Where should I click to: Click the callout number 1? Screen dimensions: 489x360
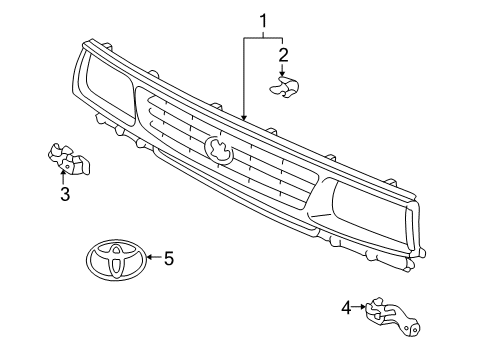[x=263, y=21]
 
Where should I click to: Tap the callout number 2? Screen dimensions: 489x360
[x=283, y=55]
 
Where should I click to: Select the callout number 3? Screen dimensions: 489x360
[x=65, y=194]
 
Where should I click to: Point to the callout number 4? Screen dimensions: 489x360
[x=346, y=307]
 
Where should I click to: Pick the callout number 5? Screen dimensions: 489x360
[x=169, y=258]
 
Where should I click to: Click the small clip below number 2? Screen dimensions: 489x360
[x=284, y=87]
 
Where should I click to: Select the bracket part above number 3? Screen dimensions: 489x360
[x=69, y=159]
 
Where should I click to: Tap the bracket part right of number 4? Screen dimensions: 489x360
[x=393, y=316]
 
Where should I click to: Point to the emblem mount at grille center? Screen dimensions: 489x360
[x=219, y=150]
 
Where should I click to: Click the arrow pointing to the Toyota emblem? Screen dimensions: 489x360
[x=154, y=257]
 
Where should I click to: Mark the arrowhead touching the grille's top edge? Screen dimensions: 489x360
[x=244, y=117]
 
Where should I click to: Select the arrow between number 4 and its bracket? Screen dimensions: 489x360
[x=359, y=307]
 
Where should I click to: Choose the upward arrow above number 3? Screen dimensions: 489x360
[x=63, y=177]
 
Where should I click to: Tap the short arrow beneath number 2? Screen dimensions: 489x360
[x=283, y=70]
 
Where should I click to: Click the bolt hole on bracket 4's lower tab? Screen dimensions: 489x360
[x=414, y=329]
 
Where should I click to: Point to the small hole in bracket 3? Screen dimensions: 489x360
[x=67, y=166]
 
